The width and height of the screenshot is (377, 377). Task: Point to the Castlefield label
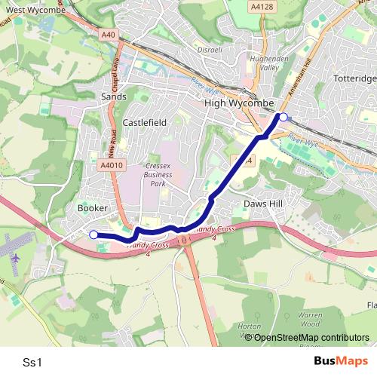click(144, 121)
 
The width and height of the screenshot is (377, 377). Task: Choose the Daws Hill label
click(263, 204)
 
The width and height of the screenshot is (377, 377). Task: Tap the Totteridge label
click(355, 78)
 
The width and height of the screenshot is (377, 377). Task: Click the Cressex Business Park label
click(157, 173)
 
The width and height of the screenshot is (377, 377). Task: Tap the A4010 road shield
click(110, 165)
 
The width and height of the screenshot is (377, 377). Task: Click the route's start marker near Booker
click(93, 234)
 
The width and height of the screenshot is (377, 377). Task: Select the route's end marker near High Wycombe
click(284, 116)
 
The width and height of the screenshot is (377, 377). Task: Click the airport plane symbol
click(16, 257)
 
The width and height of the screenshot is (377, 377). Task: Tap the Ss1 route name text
click(32, 362)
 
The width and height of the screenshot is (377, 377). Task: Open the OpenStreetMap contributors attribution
click(311, 338)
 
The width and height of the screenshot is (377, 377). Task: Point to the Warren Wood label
click(310, 318)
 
